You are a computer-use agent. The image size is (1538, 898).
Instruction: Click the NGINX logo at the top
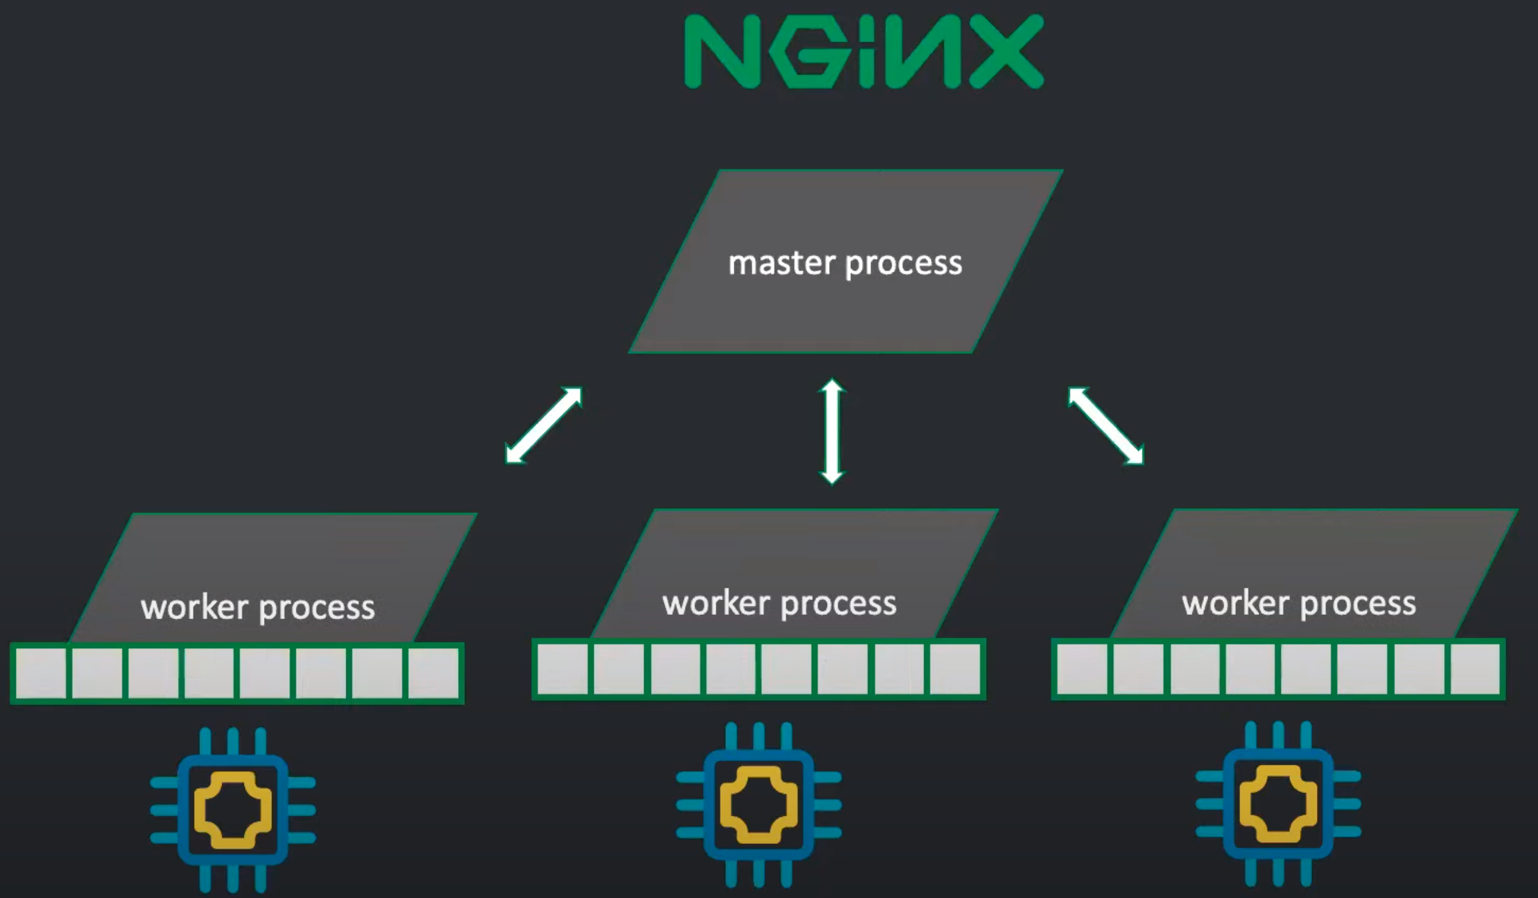(x=863, y=51)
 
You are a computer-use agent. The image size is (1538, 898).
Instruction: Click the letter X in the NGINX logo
(x=1005, y=51)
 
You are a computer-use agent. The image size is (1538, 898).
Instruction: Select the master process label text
(x=845, y=263)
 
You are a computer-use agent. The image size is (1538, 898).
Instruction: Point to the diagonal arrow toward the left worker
(x=544, y=425)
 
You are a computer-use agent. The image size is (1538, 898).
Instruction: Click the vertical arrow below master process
(x=832, y=431)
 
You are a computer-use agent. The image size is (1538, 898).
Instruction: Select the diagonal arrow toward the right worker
(x=1106, y=425)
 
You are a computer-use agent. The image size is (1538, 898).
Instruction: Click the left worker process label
(x=258, y=608)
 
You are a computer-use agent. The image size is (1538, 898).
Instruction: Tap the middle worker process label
(x=779, y=604)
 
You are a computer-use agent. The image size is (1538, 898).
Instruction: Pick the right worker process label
(x=1299, y=604)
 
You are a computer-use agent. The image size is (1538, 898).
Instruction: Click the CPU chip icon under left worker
(x=233, y=810)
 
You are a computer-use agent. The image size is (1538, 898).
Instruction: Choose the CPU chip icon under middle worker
(x=759, y=805)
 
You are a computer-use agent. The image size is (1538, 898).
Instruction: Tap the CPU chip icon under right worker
(x=1278, y=804)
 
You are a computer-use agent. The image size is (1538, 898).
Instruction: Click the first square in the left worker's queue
(x=41, y=673)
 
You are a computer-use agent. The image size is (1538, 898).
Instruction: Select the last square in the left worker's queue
(x=433, y=673)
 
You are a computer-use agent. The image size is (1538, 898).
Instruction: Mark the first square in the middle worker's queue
(x=563, y=669)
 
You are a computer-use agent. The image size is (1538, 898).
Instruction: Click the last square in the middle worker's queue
(x=955, y=669)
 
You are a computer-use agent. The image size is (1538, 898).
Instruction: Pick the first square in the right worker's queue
(x=1082, y=669)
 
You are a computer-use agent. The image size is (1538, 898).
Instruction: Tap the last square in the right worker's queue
(x=1475, y=669)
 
